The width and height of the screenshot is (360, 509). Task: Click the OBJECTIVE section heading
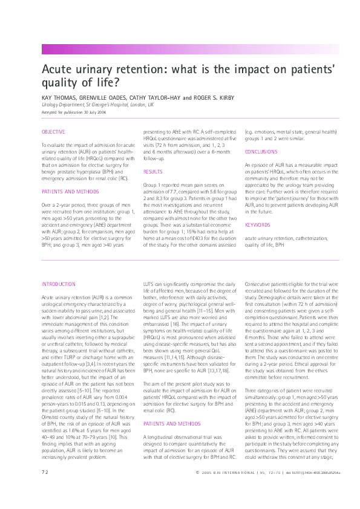point(53,132)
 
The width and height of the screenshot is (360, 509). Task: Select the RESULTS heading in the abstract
point(152,172)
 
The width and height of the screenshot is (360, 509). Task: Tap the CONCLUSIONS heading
point(261,152)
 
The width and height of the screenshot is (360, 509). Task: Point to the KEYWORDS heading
point(257,225)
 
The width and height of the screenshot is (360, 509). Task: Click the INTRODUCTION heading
point(58,284)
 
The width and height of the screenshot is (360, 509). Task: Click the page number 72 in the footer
point(45,488)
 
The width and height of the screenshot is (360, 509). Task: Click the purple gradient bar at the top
point(200,50)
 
